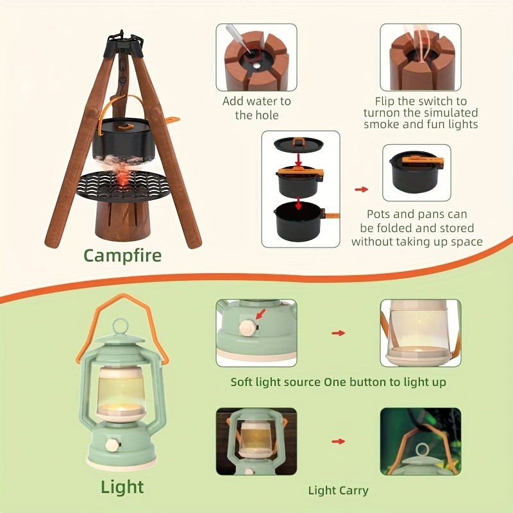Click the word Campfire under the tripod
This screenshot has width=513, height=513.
[x=122, y=256]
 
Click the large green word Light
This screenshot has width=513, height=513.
[x=122, y=487]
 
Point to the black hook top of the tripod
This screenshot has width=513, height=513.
[x=124, y=40]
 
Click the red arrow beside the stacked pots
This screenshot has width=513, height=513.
[x=362, y=189]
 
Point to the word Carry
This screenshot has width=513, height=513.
[x=351, y=491]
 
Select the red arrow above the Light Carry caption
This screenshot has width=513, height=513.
[x=339, y=441]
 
